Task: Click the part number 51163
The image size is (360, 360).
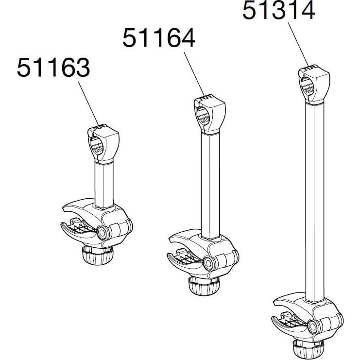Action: tap(53, 68)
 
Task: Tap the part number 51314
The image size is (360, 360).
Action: tap(278, 11)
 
